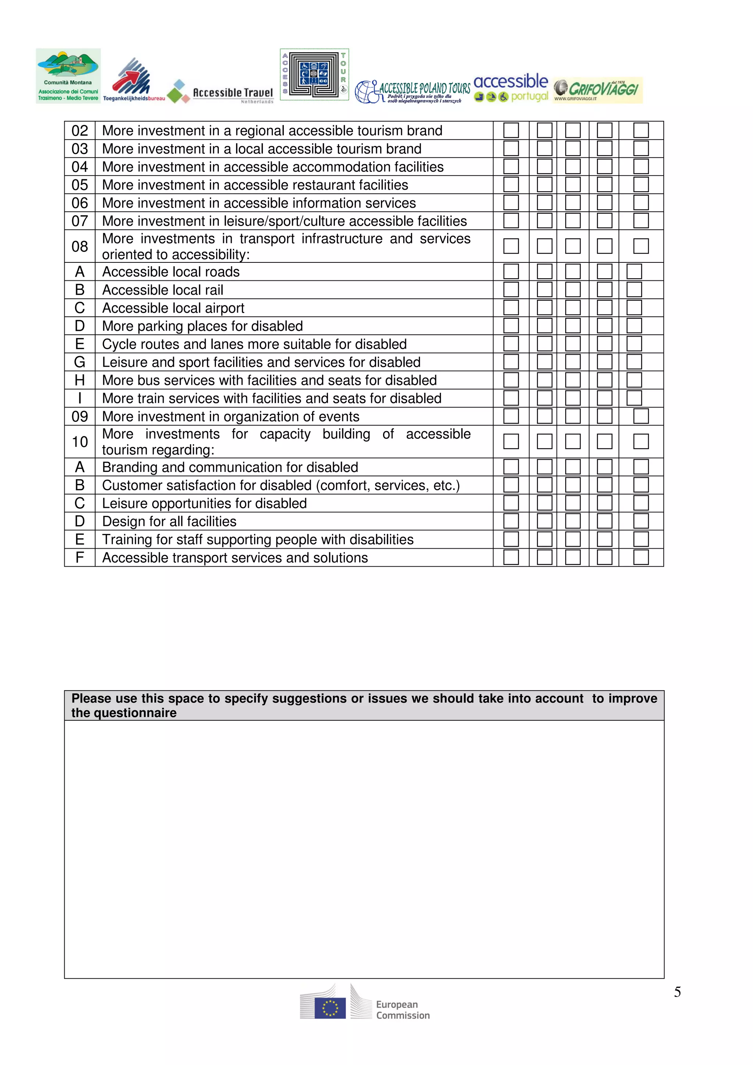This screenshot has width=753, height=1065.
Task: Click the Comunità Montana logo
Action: pyautogui.click(x=68, y=76)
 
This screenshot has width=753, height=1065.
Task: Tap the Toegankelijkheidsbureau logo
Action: pyautogui.click(x=133, y=80)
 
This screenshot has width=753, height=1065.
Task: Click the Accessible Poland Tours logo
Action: pyautogui.click(x=413, y=92)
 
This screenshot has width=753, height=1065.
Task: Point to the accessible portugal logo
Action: pyautogui.click(x=511, y=88)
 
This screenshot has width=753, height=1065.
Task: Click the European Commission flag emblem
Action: pyautogui.click(x=330, y=1008)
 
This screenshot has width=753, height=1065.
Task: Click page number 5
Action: pyautogui.click(x=677, y=992)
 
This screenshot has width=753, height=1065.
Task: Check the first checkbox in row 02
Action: pyautogui.click(x=511, y=130)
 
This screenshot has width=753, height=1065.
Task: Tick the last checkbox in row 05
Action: pyautogui.click(x=641, y=184)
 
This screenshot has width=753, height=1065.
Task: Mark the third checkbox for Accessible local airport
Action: pyautogui.click(x=572, y=308)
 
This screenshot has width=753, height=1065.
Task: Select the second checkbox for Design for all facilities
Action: pyautogui.click(x=544, y=521)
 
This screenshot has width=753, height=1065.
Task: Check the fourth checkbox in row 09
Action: pyautogui.click(x=604, y=416)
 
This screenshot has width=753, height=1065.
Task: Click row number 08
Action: pyautogui.click(x=80, y=246)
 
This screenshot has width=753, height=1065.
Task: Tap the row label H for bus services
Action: pyautogui.click(x=80, y=380)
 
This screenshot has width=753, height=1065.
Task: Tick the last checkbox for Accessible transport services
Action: pyautogui.click(x=641, y=557)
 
